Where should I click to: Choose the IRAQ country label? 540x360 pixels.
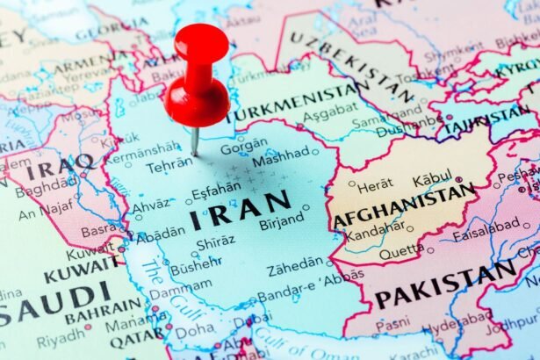[60, 163]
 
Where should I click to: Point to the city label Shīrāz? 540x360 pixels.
[215, 243]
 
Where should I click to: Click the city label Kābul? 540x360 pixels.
[432, 179]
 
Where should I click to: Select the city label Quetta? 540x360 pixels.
[401, 250]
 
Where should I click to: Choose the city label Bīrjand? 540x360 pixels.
[281, 223]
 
